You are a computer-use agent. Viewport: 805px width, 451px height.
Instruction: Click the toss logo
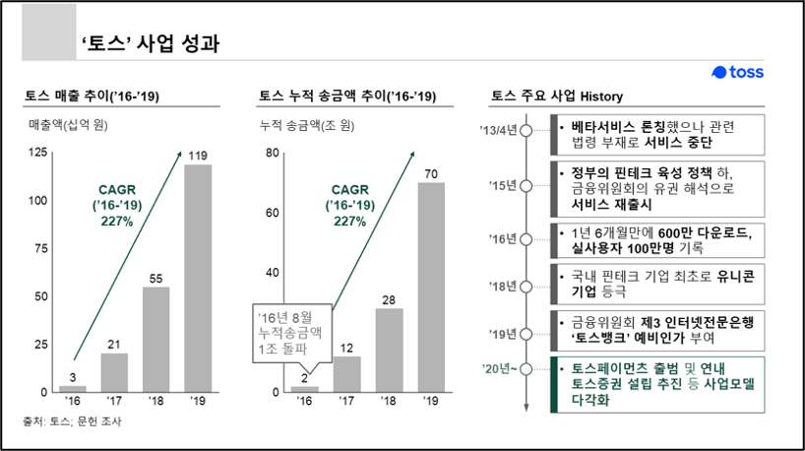pyautogui.click(x=738, y=73)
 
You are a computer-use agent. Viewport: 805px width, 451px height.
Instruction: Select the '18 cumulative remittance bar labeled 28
pyautogui.click(x=390, y=351)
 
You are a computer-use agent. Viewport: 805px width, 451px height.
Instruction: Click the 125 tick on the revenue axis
pyautogui.click(x=38, y=152)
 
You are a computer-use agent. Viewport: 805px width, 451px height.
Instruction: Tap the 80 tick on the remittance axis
pyautogui.click(x=272, y=153)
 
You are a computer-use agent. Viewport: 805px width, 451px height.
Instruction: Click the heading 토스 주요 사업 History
pyautogui.click(x=556, y=96)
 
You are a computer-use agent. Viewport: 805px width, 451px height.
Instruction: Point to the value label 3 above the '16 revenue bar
pyautogui.click(x=72, y=375)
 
